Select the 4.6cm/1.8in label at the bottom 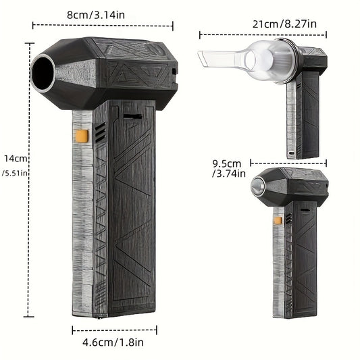[x=113, y=343]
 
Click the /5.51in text [x=14, y=173]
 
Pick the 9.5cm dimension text [x=226, y=163]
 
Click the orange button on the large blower [x=82, y=136]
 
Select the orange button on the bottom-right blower [x=278, y=220]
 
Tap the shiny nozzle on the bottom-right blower [x=259, y=186]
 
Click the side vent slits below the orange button [x=100, y=134]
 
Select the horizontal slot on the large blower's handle [x=132, y=116]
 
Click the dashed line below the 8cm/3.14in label [x=102, y=26]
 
